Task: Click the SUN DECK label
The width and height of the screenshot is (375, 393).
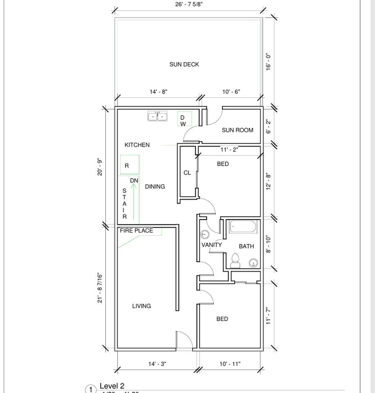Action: (184, 64)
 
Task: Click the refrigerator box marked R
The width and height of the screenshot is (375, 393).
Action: (129, 165)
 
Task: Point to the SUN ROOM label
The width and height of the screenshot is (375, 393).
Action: (237, 130)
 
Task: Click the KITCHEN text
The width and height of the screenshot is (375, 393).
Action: (137, 145)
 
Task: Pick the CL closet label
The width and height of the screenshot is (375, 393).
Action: (187, 173)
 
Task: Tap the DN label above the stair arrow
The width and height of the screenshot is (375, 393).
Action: (134, 181)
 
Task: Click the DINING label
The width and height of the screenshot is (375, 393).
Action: (155, 187)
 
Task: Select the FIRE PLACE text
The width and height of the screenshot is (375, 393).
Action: (136, 230)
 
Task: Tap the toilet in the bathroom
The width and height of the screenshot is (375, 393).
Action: (235, 261)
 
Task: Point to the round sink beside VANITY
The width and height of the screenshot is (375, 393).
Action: (205, 235)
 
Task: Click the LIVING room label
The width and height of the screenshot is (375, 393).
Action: (141, 306)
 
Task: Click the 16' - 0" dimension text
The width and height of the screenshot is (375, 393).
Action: (269, 61)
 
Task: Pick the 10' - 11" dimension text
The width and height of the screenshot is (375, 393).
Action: (230, 364)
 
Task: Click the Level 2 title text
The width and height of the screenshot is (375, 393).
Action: (112, 386)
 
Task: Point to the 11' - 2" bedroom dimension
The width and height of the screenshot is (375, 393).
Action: (229, 150)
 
